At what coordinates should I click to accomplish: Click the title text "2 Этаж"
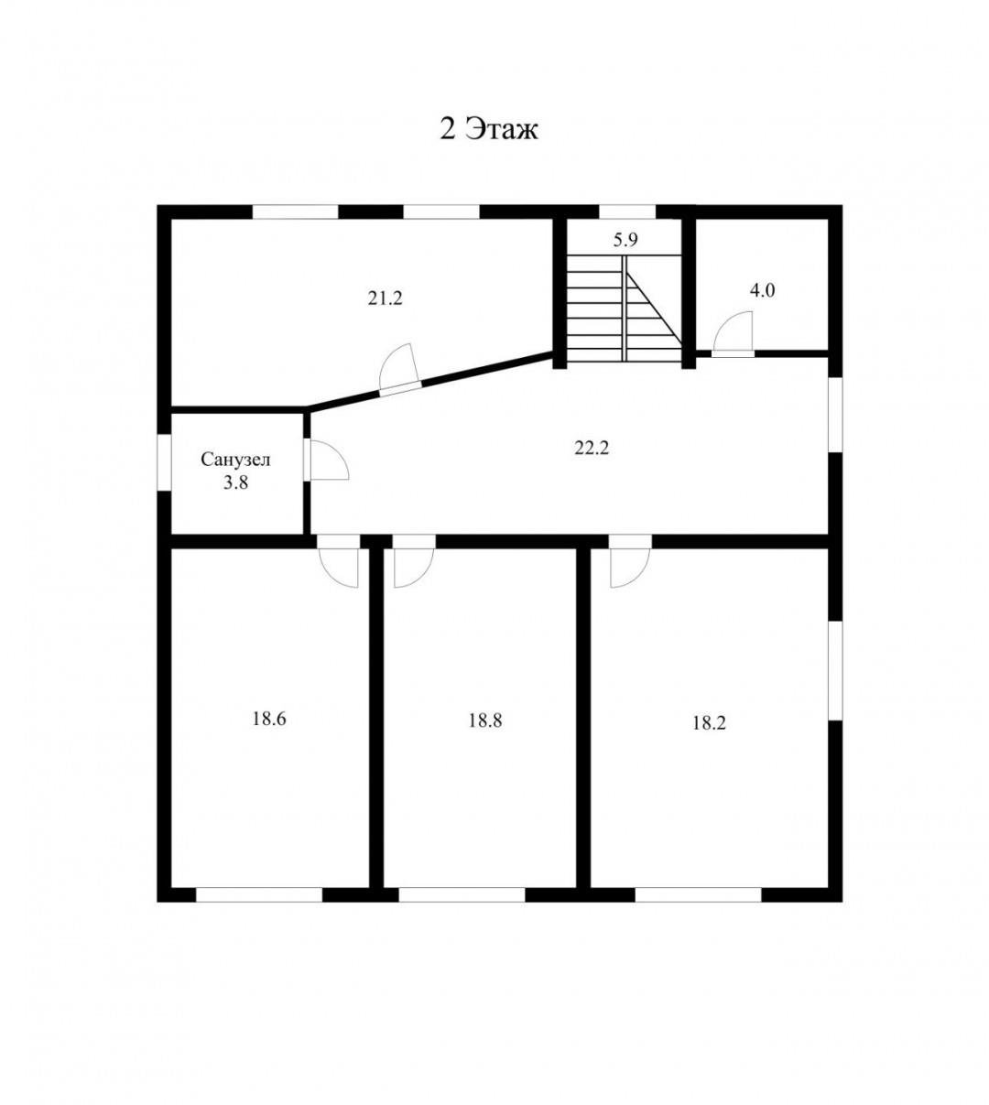tap(489, 130)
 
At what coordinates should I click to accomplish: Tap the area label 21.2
tap(385, 298)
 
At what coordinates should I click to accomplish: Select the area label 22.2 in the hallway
tap(592, 448)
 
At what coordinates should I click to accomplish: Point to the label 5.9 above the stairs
tap(625, 240)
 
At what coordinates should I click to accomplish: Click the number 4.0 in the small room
tap(762, 291)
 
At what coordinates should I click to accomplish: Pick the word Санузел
tap(235, 460)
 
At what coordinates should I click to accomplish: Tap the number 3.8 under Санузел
tap(235, 482)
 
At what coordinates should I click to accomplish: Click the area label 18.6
tap(269, 719)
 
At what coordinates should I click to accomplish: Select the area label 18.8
tap(485, 720)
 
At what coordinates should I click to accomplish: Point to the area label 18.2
tap(709, 723)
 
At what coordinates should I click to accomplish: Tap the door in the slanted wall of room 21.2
tap(400, 369)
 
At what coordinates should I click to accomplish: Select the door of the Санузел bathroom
tap(326, 460)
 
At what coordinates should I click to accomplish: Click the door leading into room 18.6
tap(338, 561)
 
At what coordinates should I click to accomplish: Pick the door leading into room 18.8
tap(414, 561)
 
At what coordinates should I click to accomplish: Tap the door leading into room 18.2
tap(631, 561)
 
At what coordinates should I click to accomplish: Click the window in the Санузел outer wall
tap(164, 462)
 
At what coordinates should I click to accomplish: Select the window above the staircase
tap(627, 211)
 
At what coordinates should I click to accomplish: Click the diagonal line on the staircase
tap(654, 308)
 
